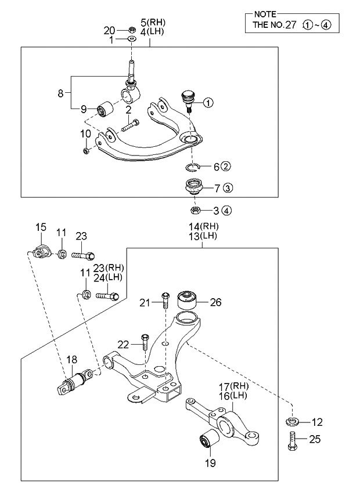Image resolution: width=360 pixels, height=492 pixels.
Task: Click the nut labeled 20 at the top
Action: (132, 30)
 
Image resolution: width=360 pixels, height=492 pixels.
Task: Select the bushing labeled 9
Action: (106, 108)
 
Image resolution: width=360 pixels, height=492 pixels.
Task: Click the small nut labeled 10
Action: (87, 151)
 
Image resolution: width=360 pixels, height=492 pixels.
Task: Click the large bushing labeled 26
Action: (188, 300)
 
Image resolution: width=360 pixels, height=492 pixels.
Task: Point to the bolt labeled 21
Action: (165, 301)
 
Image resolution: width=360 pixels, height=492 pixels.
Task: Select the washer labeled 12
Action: (291, 421)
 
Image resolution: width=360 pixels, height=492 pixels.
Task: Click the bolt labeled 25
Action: (291, 441)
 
